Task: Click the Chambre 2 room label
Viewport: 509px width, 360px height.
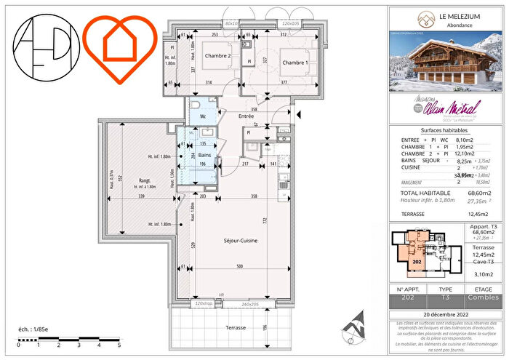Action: pyautogui.click(x=217, y=56)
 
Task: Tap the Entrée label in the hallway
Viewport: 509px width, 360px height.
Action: pyautogui.click(x=245, y=116)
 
